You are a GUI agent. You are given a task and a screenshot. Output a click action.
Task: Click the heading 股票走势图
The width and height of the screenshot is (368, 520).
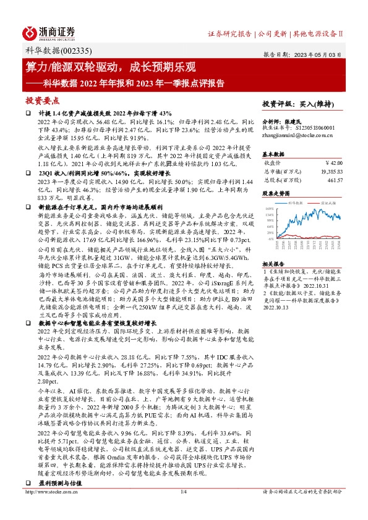pyautogui.click(x=275, y=193)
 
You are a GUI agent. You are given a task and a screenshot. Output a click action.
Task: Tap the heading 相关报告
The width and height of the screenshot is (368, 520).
pyautogui.click(x=272, y=262)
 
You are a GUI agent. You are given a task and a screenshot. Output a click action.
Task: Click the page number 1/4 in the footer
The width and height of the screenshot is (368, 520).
pyautogui.click(x=183, y=509)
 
